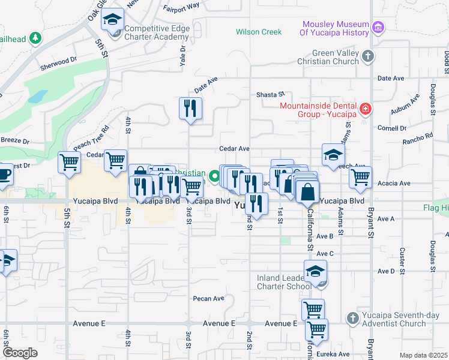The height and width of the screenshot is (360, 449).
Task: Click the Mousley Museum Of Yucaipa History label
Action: (x=335, y=28)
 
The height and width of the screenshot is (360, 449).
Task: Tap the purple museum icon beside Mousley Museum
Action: (x=378, y=27)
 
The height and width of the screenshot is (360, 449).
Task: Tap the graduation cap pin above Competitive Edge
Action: (x=112, y=20)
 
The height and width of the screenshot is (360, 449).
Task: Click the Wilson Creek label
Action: (x=259, y=32)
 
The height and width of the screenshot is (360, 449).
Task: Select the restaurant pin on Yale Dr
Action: (x=190, y=109)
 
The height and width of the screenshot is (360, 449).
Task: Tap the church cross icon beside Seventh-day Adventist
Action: (x=352, y=317)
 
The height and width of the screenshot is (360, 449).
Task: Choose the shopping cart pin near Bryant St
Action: (x=360, y=177)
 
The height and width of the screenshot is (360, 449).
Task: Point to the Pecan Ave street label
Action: (x=208, y=298)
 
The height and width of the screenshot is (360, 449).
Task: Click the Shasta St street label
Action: (x=270, y=95)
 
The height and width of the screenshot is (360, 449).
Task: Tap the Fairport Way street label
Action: (x=181, y=7)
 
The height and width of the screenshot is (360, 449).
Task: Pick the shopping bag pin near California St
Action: (x=307, y=193)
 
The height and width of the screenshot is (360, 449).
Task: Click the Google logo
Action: (x=20, y=353)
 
